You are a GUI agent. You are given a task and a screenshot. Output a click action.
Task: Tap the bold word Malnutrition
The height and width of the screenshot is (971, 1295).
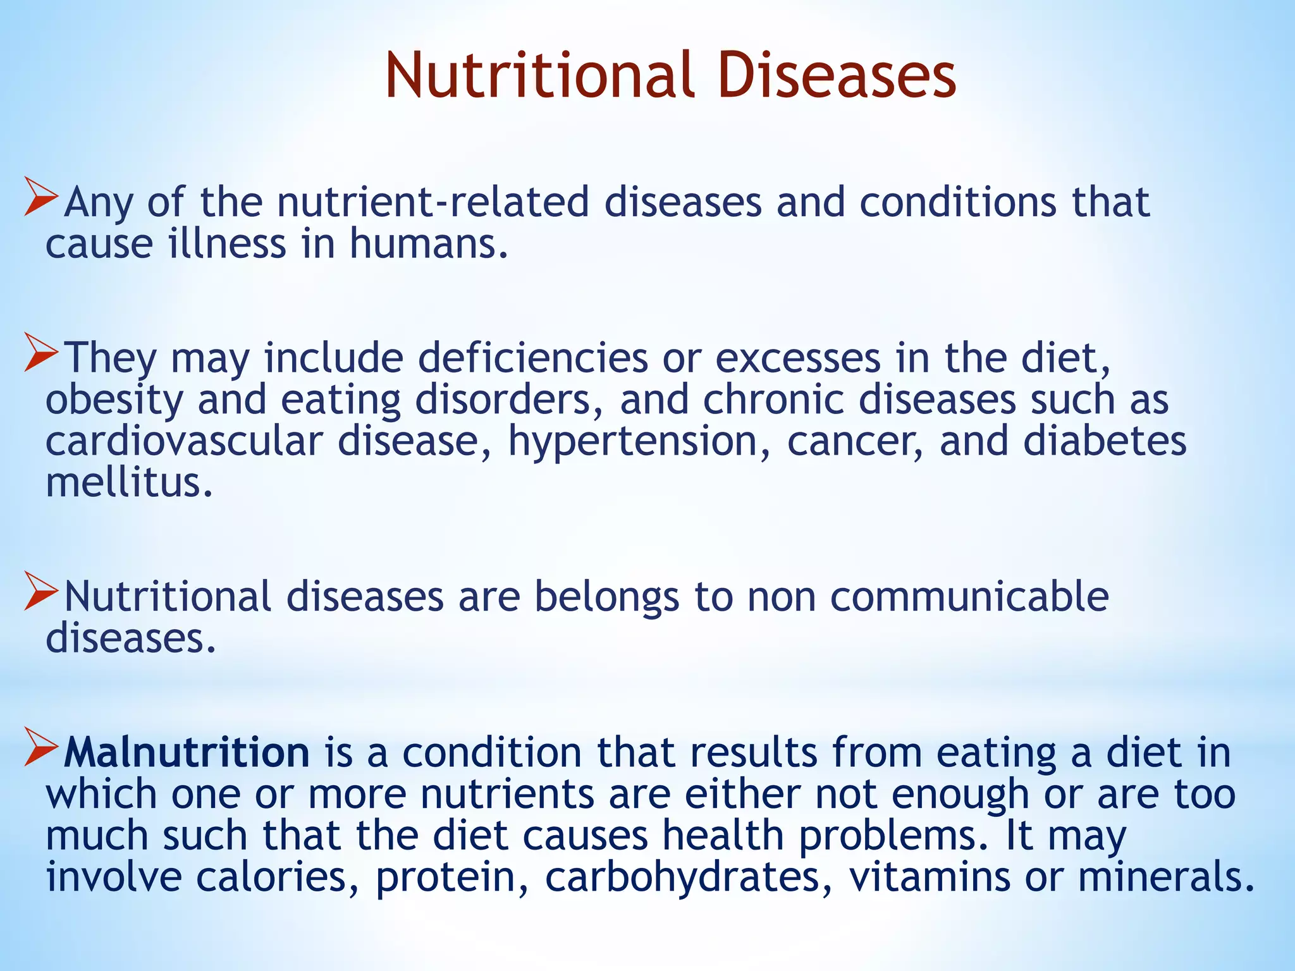click(x=187, y=752)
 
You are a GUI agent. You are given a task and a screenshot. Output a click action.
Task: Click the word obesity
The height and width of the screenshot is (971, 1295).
click(x=114, y=401)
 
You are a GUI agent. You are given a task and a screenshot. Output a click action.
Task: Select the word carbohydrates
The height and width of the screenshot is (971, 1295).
click(x=689, y=877)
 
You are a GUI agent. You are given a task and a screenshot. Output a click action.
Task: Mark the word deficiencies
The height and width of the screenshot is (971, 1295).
click(x=532, y=358)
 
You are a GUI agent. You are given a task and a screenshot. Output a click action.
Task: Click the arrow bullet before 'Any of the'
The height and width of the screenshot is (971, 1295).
click(x=40, y=197)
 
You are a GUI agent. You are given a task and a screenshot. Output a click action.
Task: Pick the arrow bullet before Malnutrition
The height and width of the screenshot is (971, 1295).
click(x=40, y=747)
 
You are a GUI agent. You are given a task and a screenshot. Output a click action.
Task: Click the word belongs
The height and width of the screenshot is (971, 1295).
click(x=606, y=597)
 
